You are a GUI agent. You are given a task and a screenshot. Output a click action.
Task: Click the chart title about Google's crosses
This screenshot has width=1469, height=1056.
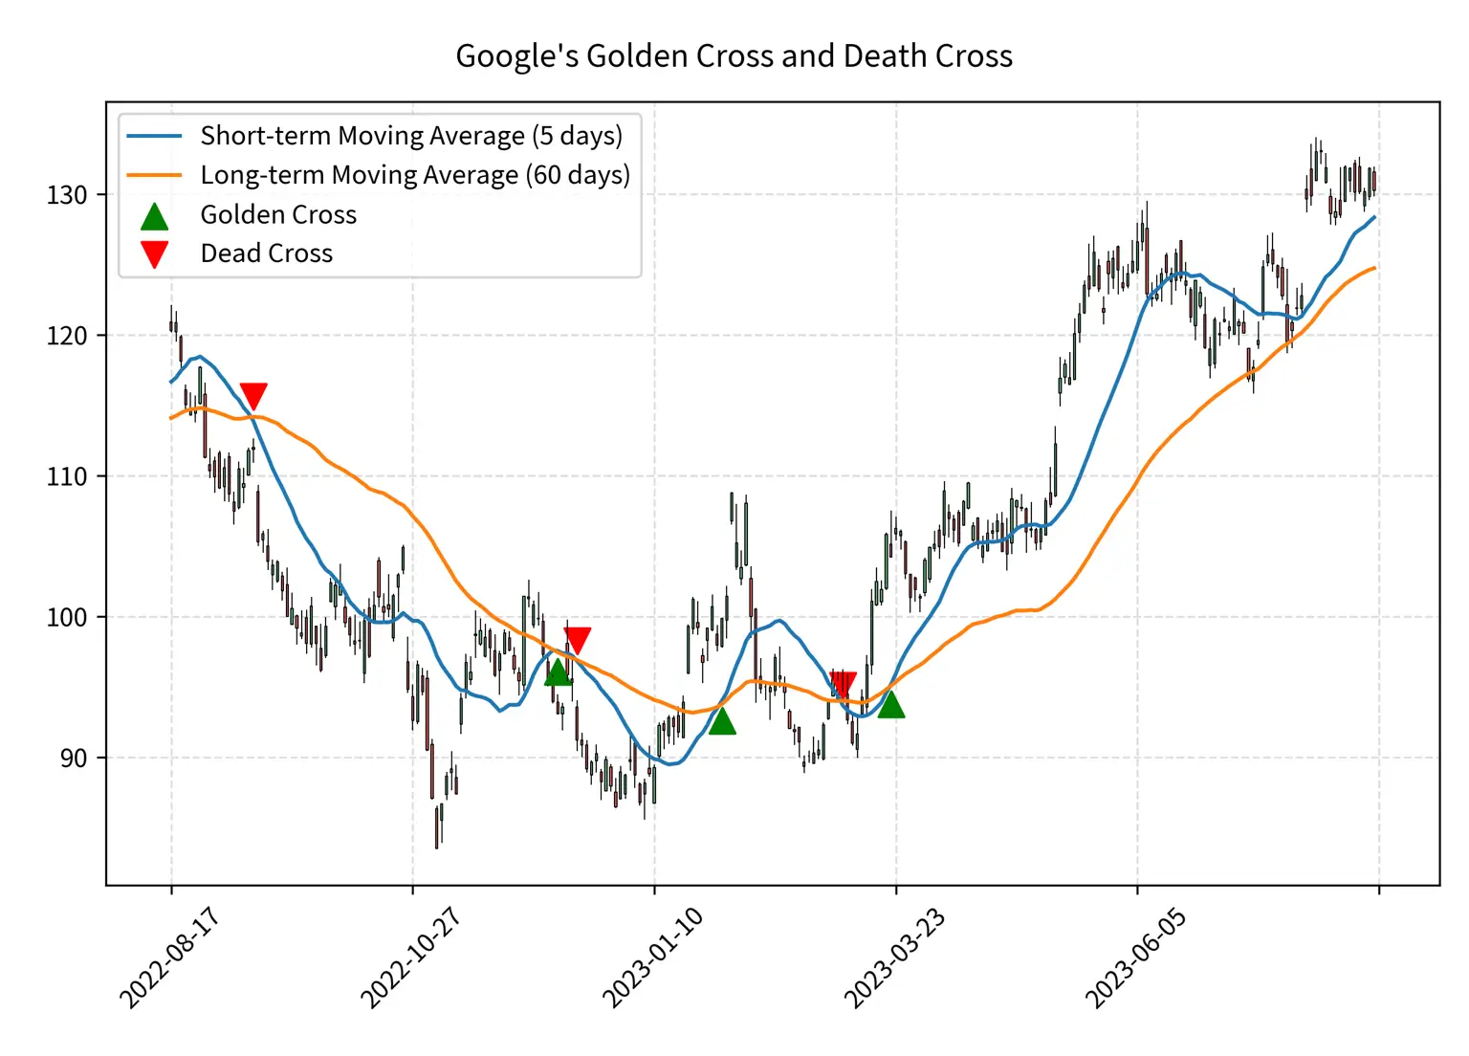734,55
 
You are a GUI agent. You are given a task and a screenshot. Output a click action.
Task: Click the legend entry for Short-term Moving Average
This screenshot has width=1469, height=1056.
411,136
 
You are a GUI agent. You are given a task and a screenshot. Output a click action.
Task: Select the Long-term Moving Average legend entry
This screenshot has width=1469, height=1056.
415,175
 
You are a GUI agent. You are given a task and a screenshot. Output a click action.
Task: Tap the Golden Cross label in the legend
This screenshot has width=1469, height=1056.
278,214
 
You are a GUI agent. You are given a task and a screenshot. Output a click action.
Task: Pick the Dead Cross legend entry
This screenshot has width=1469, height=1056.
267,253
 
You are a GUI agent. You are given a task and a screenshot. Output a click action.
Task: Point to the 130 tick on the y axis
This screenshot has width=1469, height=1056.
66,195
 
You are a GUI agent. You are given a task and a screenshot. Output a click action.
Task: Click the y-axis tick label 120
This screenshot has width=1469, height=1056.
66,336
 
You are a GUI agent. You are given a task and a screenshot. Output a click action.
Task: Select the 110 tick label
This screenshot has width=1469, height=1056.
66,476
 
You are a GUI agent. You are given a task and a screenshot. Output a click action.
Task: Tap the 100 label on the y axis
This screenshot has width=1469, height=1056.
66,617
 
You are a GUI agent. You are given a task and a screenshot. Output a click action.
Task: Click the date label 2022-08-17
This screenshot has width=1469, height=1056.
169,957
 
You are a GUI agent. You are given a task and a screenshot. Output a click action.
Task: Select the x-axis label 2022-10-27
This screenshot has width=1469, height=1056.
410,957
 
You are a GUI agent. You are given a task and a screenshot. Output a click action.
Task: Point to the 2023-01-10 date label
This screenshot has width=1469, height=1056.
652,957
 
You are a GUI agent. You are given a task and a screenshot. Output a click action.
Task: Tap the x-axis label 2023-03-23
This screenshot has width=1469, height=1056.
894,957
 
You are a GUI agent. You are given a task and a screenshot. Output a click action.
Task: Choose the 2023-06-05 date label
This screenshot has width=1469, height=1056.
1135,957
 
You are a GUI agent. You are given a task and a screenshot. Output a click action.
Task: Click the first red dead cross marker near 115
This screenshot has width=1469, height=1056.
253,395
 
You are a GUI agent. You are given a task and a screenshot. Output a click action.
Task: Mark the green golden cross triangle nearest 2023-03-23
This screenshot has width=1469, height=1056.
890,705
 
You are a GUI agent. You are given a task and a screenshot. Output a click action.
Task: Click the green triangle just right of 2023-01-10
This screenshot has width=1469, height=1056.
722,721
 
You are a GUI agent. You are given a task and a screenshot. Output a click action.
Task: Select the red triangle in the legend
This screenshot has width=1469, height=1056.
154,254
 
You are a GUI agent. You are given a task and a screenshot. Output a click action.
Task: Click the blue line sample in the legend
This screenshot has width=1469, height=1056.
154,136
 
